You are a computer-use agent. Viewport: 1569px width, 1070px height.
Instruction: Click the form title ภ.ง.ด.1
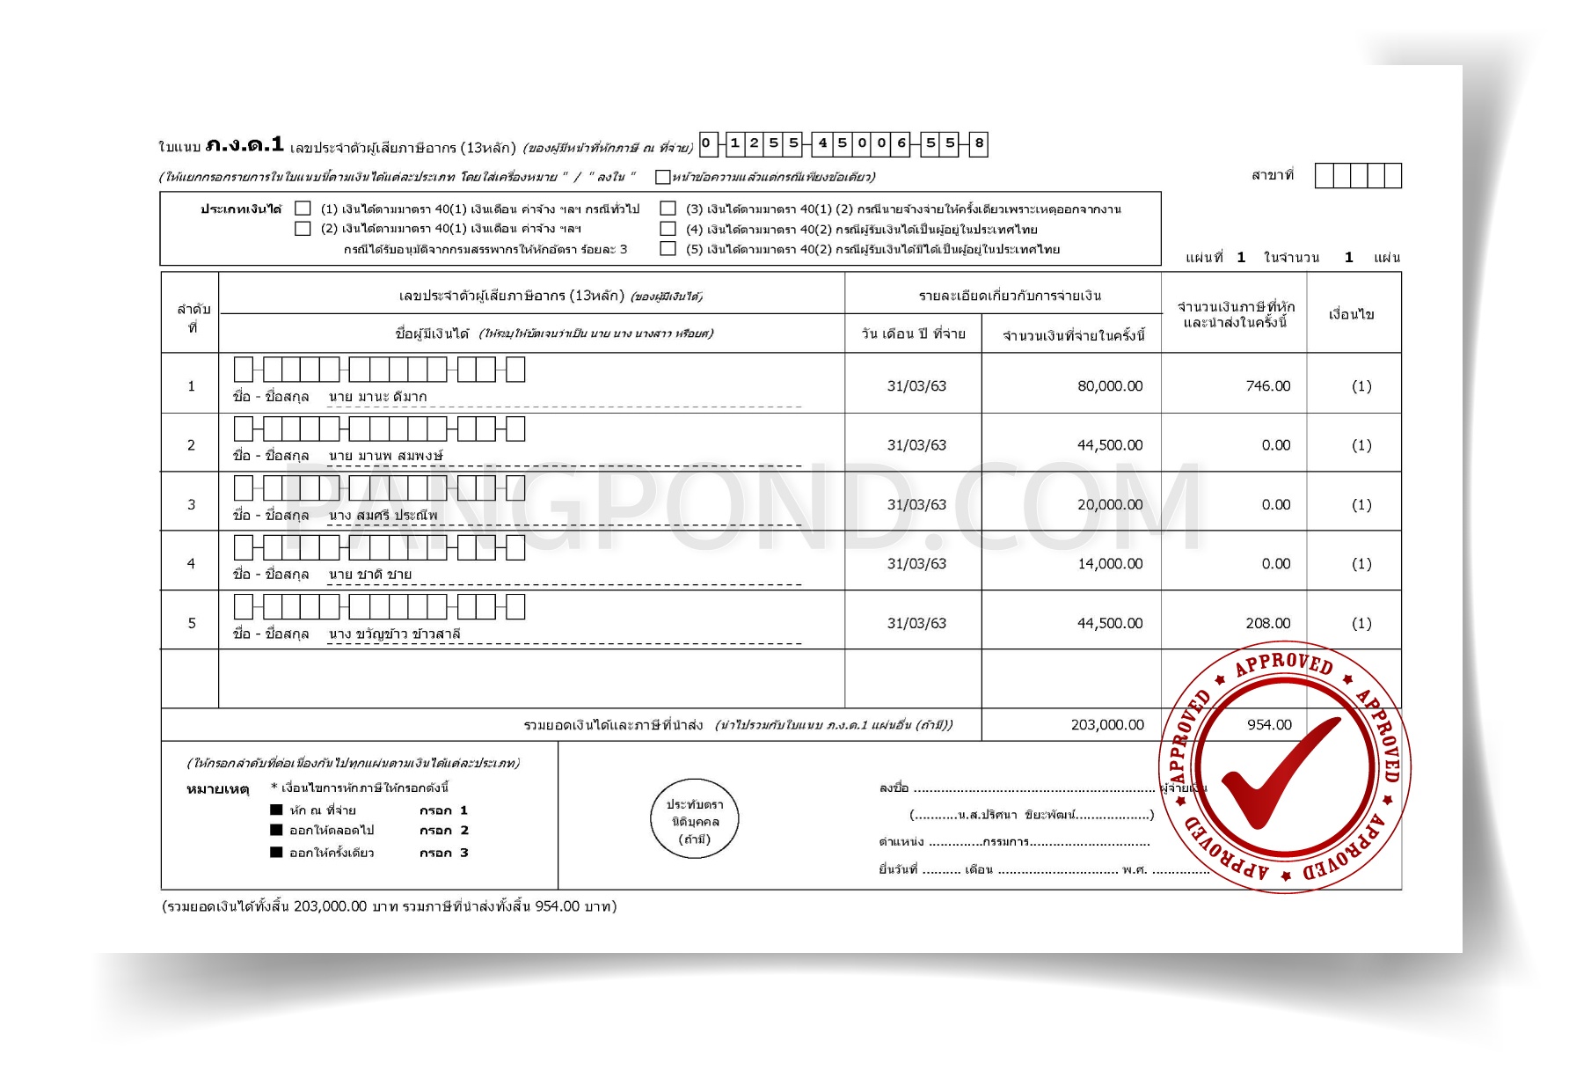[x=244, y=145]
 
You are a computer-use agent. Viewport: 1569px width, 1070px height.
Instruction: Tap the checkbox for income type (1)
[x=303, y=209]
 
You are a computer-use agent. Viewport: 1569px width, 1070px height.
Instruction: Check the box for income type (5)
[x=668, y=249]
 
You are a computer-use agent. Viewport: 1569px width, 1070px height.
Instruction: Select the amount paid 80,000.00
[x=1110, y=386]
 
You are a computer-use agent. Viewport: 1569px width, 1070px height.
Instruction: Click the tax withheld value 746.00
[x=1267, y=386]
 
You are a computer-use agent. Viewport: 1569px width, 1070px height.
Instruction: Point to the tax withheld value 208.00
[x=1267, y=623]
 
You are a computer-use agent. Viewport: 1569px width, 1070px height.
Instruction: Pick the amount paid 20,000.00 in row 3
[x=1110, y=505]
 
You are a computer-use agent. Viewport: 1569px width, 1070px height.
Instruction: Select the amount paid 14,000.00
[x=1110, y=564]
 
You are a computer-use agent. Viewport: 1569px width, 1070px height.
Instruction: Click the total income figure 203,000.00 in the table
[x=1107, y=725]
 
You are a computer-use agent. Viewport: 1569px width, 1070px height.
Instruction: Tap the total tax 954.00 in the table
[x=1269, y=725]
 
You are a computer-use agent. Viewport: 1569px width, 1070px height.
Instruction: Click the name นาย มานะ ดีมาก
[x=378, y=397]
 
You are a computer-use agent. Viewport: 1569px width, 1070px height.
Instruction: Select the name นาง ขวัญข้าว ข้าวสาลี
[x=394, y=634]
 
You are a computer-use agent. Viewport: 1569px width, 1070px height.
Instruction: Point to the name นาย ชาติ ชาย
[x=370, y=575]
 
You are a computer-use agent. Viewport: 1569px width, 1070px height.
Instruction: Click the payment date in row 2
[x=916, y=445]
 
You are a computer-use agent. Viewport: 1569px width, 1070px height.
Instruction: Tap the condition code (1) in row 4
[x=1361, y=564]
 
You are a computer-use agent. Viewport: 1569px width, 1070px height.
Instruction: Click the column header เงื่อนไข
[x=1351, y=314]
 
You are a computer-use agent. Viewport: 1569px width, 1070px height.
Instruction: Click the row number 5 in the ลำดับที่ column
[x=192, y=623]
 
